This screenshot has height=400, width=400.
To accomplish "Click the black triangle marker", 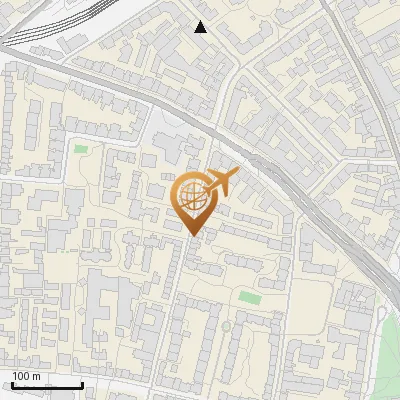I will click(201, 27).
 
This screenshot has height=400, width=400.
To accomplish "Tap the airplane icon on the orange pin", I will click(220, 182).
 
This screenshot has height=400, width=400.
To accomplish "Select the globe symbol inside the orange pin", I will click(193, 199).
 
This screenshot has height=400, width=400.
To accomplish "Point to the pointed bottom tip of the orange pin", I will click(192, 235).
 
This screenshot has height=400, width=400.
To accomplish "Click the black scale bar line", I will click(47, 385).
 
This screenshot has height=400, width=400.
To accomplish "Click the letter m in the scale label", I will click(36, 376).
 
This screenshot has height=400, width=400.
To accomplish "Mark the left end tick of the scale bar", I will click(12, 383).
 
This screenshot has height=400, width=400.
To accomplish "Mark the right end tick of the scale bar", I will click(82, 383).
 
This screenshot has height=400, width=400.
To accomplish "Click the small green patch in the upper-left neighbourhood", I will click(81, 150).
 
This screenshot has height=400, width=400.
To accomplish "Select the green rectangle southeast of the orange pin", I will click(249, 296).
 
